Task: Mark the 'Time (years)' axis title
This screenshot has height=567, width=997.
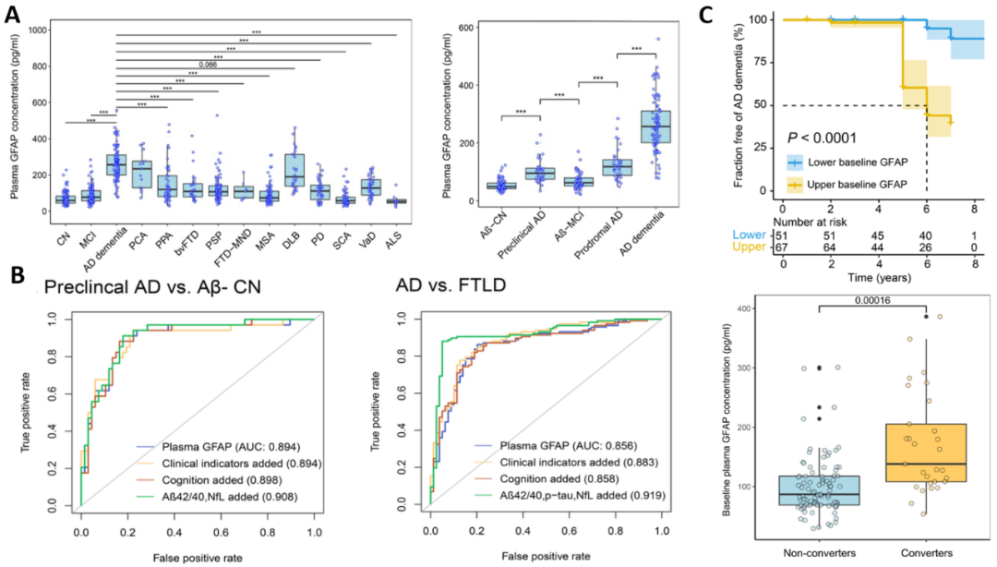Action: click(874, 277)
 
